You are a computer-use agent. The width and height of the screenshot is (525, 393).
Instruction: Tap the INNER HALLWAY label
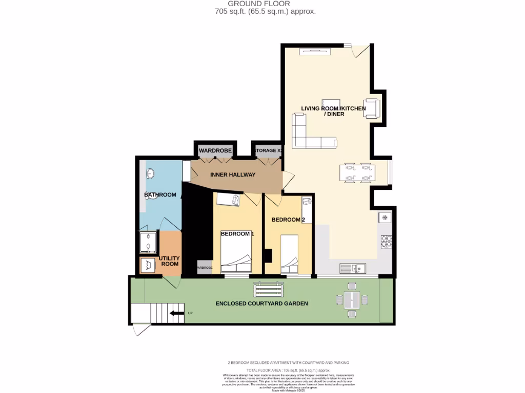(233, 174)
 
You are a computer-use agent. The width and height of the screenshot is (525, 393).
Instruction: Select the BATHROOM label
(160, 194)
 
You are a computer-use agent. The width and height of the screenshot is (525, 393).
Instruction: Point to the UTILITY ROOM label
(169, 261)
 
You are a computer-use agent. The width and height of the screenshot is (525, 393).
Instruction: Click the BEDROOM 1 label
(237, 233)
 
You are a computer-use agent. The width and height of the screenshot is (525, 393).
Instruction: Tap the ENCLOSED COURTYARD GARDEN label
(261, 303)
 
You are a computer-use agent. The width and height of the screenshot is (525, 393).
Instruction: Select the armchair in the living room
(371, 108)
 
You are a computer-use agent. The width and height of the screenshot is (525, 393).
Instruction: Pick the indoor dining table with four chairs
(357, 172)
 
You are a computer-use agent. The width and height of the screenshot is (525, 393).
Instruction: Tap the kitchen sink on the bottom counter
(353, 268)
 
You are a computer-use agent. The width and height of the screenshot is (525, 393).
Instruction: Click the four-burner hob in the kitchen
(386, 241)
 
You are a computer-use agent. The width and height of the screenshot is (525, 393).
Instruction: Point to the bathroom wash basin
(151, 174)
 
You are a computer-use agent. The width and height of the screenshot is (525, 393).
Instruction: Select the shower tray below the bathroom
(149, 243)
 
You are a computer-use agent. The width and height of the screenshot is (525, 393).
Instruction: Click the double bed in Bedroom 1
(236, 254)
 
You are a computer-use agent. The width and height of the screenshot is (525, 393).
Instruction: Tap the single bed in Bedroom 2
(290, 254)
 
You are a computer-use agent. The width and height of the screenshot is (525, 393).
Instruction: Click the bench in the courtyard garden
(264, 290)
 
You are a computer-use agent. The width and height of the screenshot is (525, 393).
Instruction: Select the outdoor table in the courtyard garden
(352, 299)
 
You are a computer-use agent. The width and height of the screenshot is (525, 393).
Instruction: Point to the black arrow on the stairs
(177, 313)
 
